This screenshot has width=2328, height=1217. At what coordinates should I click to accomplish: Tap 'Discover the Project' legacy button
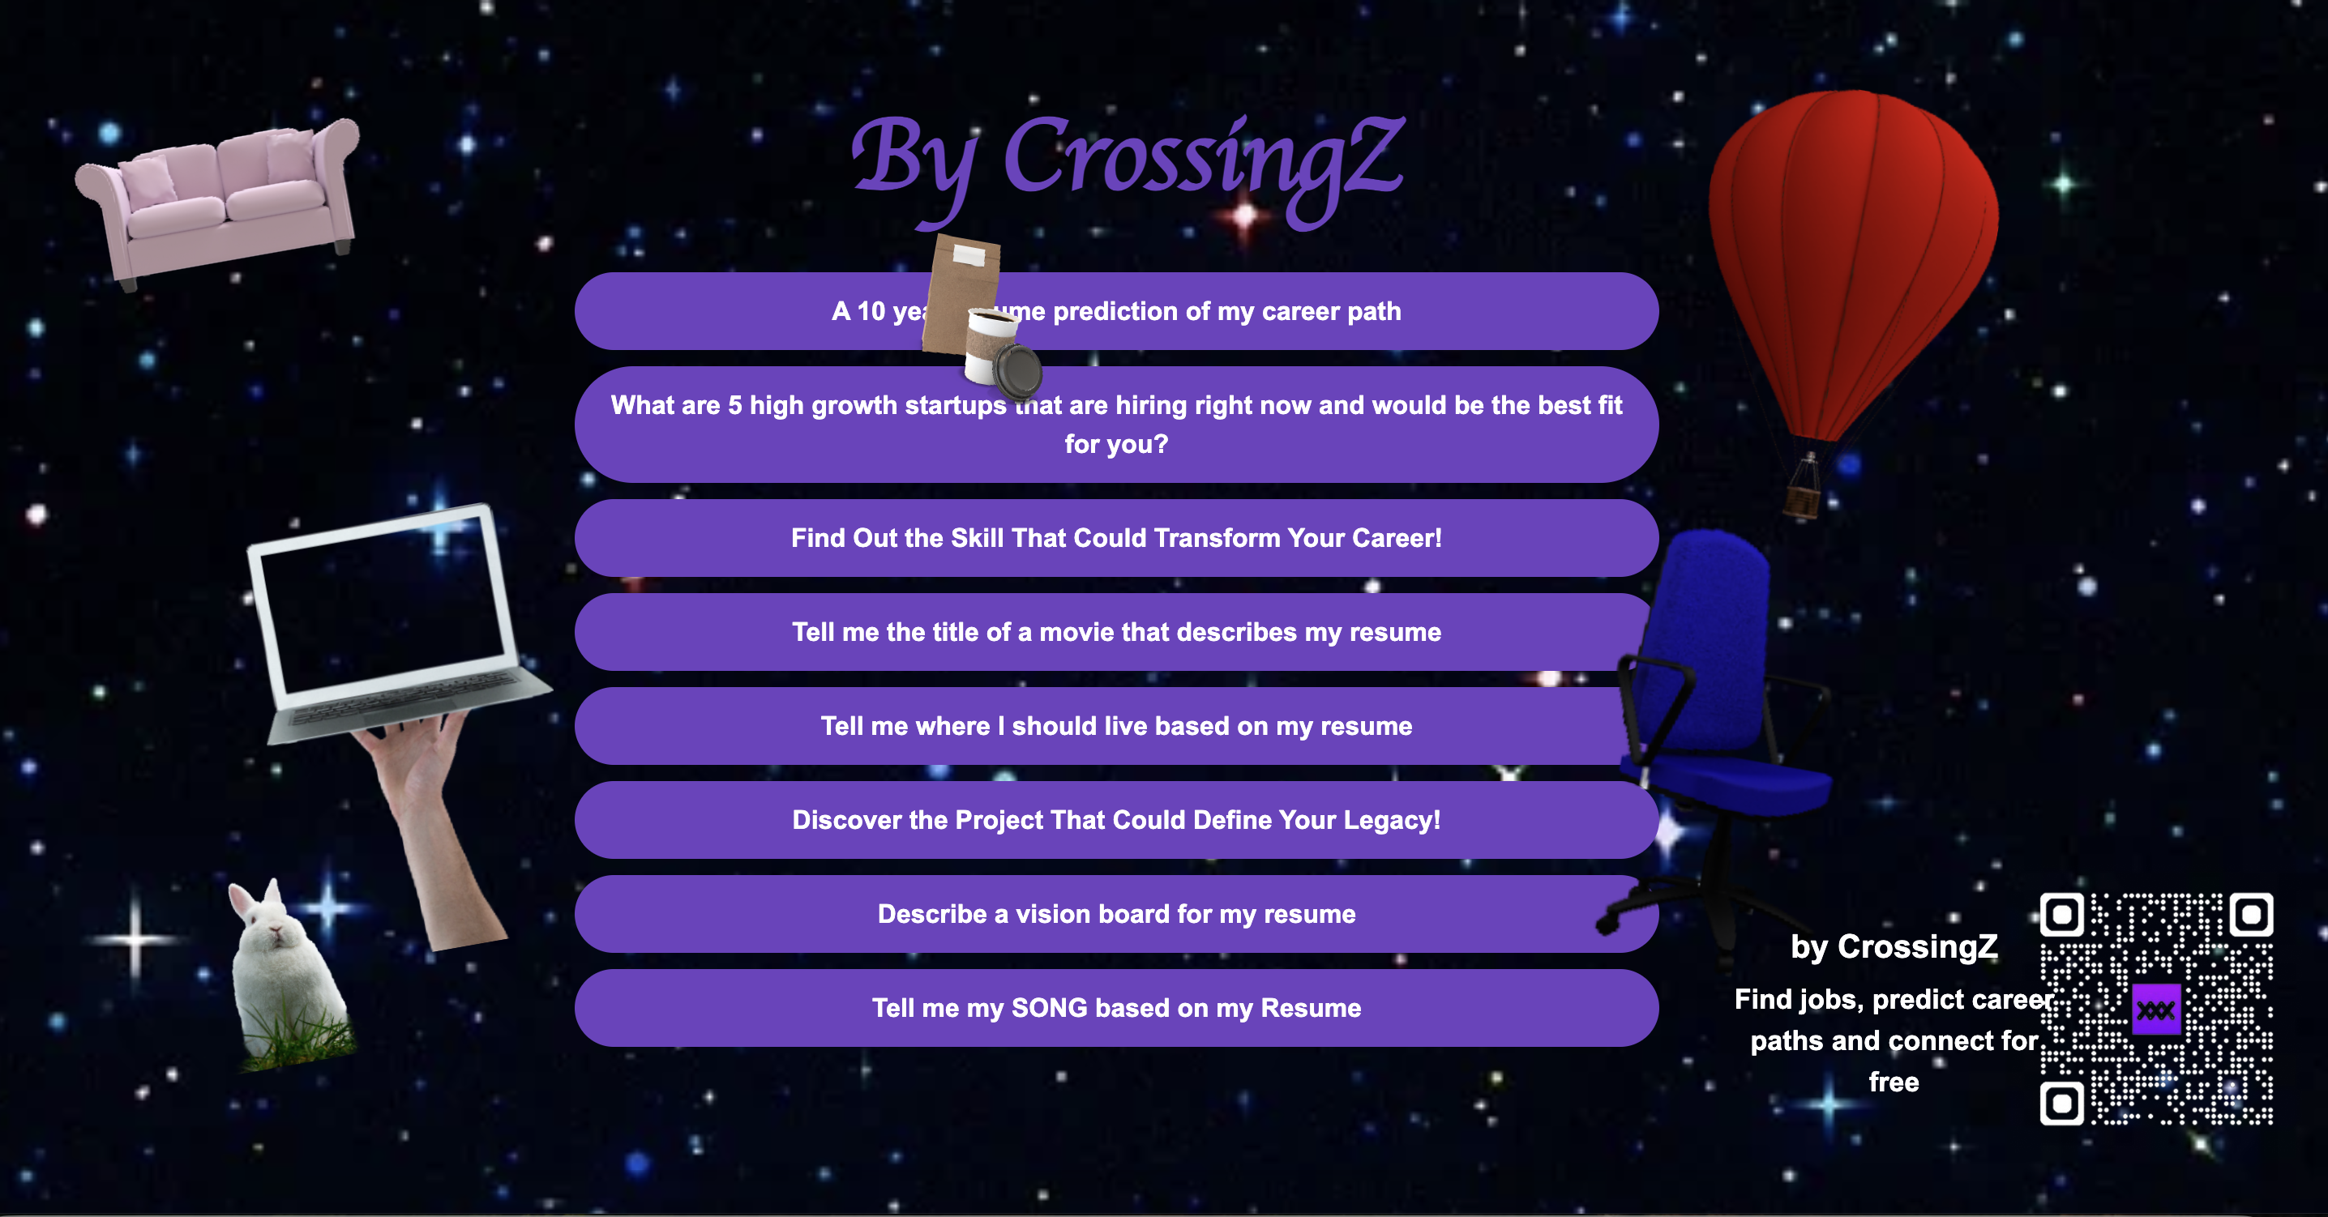(x=1116, y=820)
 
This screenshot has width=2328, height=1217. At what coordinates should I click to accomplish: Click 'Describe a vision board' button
(x=1116, y=914)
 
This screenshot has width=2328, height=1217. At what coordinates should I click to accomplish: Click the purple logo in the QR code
(x=2156, y=1010)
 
